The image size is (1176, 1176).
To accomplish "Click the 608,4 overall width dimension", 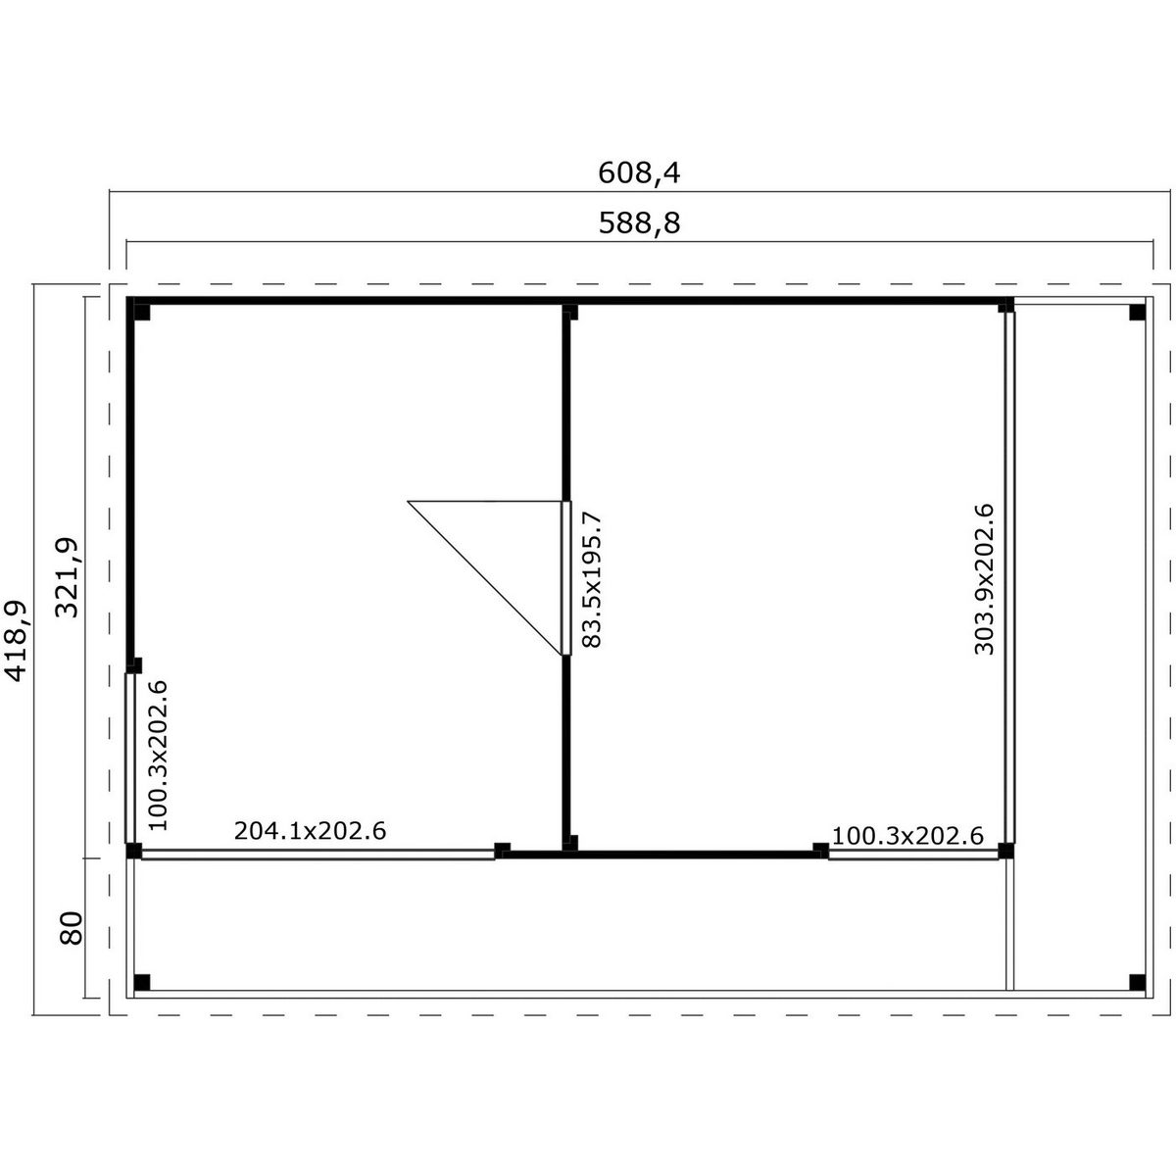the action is click(x=638, y=173).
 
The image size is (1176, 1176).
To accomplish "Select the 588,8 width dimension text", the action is click(x=638, y=223).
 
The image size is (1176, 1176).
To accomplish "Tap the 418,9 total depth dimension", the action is click(x=17, y=641).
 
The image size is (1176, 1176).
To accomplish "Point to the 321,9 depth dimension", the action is click(x=68, y=578).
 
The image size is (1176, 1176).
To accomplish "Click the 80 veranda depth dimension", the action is click(x=71, y=928).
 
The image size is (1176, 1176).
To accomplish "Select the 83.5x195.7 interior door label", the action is click(x=591, y=580).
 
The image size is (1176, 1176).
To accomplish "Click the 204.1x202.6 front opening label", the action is click(x=310, y=831).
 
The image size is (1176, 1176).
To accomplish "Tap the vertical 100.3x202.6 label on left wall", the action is click(x=158, y=755).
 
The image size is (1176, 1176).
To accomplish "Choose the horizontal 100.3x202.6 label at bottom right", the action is click(x=907, y=836).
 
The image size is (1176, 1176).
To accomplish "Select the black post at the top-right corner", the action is click(x=1137, y=313).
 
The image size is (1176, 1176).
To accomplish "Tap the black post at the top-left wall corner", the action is click(x=141, y=312).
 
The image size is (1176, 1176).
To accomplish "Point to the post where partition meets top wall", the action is click(x=570, y=312).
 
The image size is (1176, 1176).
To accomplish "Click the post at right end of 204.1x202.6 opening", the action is click(x=503, y=850).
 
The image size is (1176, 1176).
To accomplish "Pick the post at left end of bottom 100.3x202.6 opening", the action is click(x=821, y=850).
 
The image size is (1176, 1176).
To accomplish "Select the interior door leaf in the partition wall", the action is click(x=566, y=578).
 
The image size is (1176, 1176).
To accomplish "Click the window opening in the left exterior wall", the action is click(x=129, y=758).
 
